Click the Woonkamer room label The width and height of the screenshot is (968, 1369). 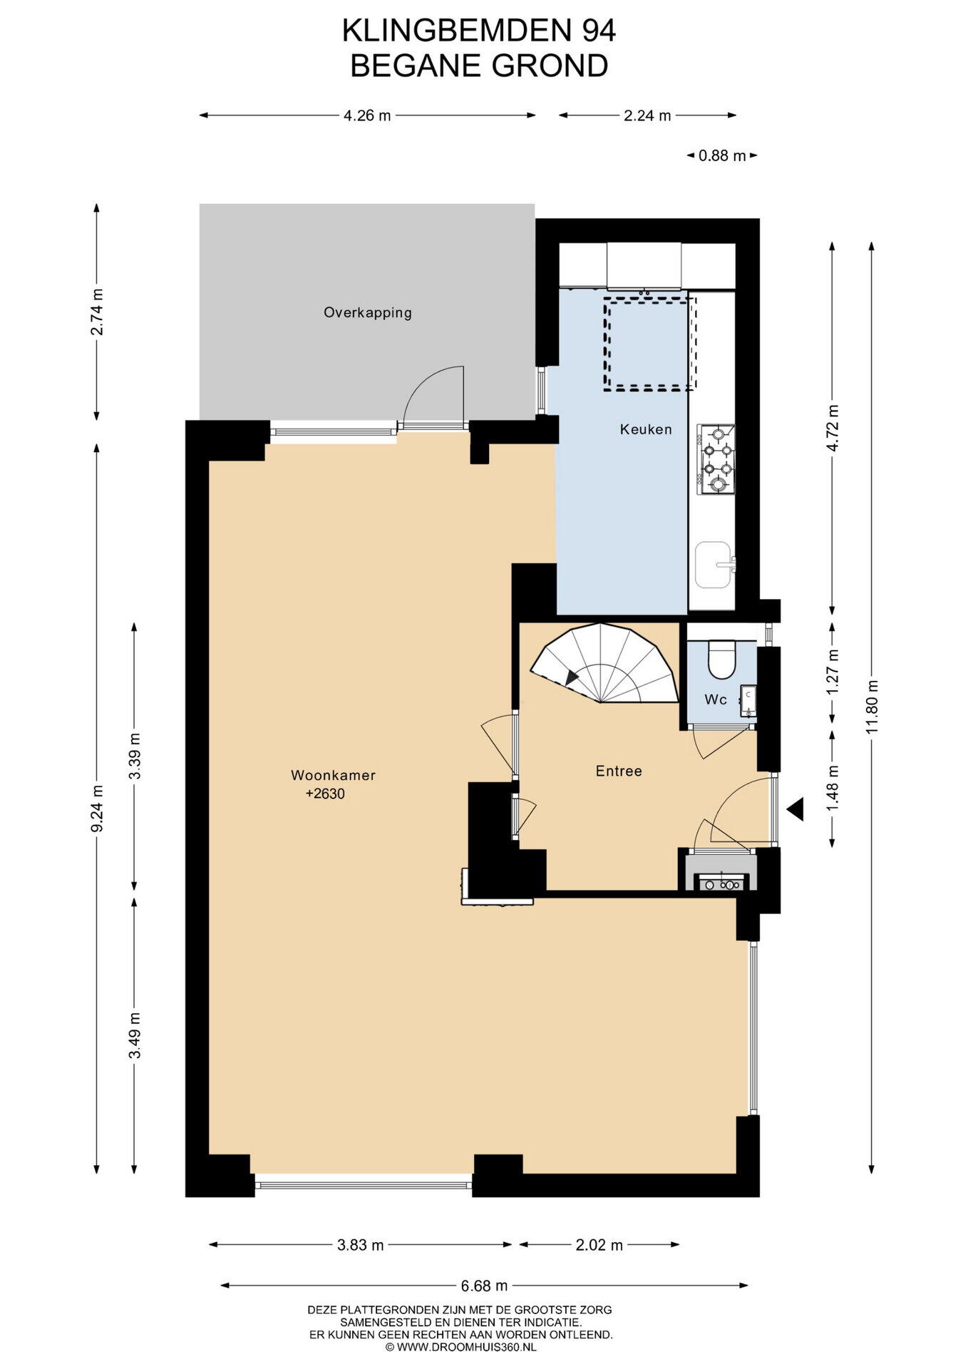pyautogui.click(x=333, y=775)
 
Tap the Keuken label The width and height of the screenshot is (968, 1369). pyautogui.click(x=646, y=429)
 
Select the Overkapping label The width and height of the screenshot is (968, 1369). pyautogui.click(x=368, y=312)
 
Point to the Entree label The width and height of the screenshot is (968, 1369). pyautogui.click(x=619, y=771)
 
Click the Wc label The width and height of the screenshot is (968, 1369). pyautogui.click(x=716, y=699)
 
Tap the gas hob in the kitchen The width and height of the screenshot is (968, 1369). pyautogui.click(x=716, y=459)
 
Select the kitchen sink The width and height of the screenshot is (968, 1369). pyautogui.click(x=714, y=565)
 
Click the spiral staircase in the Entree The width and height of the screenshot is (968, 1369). pyautogui.click(x=604, y=664)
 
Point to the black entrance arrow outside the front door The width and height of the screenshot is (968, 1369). pyautogui.click(x=795, y=809)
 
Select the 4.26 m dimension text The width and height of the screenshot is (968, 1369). pyautogui.click(x=367, y=116)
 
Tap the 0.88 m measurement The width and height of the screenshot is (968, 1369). pyautogui.click(x=722, y=155)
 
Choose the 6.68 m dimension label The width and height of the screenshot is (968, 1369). pyautogui.click(x=484, y=1286)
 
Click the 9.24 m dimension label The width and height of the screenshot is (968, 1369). pyautogui.click(x=98, y=808)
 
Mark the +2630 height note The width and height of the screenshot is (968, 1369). pyautogui.click(x=325, y=794)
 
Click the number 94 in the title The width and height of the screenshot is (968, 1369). pyautogui.click(x=598, y=31)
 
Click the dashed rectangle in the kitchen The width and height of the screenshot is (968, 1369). pyautogui.click(x=649, y=344)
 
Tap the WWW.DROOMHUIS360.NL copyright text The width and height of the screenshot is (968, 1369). pyautogui.click(x=460, y=1348)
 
